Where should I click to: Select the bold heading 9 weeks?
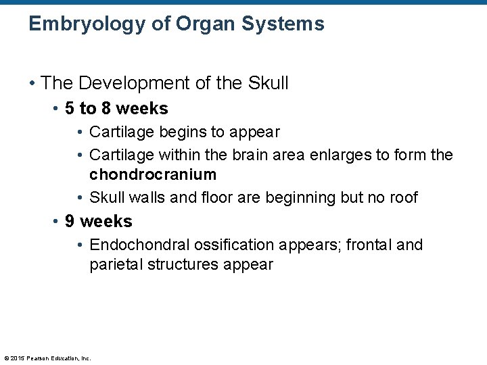98,221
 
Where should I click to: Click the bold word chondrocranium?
153,174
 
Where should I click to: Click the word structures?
179,264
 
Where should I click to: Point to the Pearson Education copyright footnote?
47,358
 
